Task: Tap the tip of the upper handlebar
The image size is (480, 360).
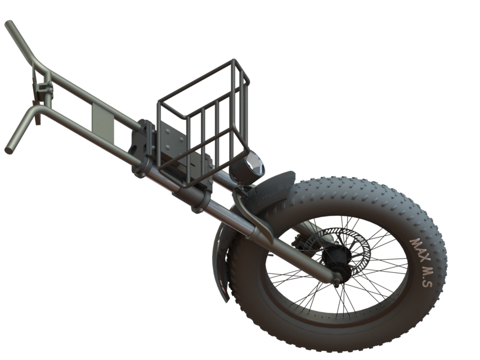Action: pyautogui.click(x=8, y=25)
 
